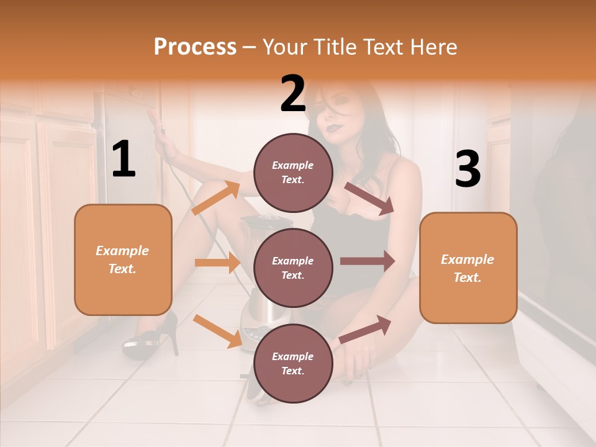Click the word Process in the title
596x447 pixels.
pos(195,47)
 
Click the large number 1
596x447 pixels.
pos(124,160)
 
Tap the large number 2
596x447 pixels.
pos(293,94)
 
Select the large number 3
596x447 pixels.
pos(467,169)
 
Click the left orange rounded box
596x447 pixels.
pos(123,260)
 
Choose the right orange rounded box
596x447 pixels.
pos(468,268)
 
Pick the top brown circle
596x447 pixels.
pos(293,173)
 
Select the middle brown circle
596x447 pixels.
pos(293,268)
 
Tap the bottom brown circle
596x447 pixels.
pos(293,363)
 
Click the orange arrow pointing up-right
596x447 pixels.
pos(216,198)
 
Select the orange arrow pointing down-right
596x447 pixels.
pos(217,331)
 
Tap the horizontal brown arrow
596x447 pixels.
pos(367,261)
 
